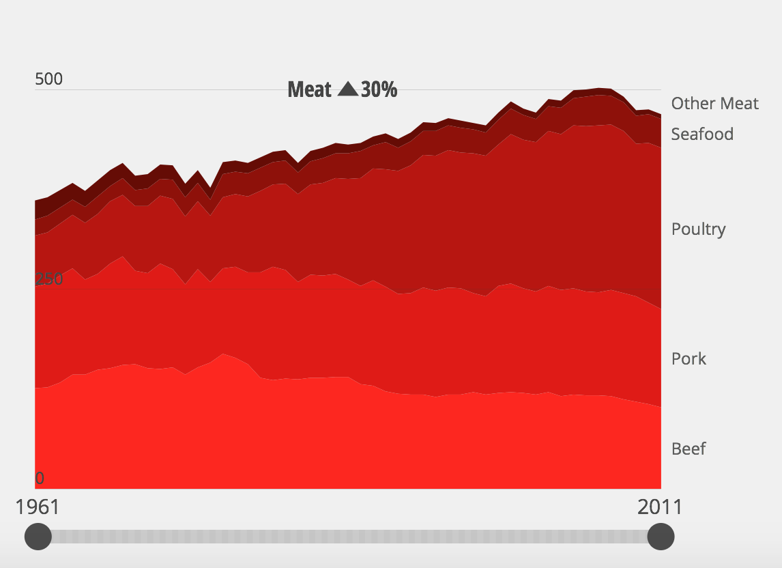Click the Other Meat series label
[x=714, y=103]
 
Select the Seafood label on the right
[x=702, y=134]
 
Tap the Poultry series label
[x=698, y=229]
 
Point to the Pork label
[x=689, y=358]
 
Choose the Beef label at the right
[x=689, y=449]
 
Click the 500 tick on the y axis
[x=48, y=79]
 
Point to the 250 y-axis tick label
[x=48, y=279]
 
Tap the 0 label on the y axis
[x=40, y=479]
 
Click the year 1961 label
[x=38, y=507]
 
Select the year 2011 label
[x=660, y=507]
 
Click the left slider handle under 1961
[x=38, y=537]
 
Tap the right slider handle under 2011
[x=661, y=537]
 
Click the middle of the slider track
[x=349, y=537]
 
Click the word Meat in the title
[x=309, y=89]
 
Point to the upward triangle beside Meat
[x=347, y=89]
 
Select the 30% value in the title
[x=379, y=89]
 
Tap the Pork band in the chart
[x=341, y=328]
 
